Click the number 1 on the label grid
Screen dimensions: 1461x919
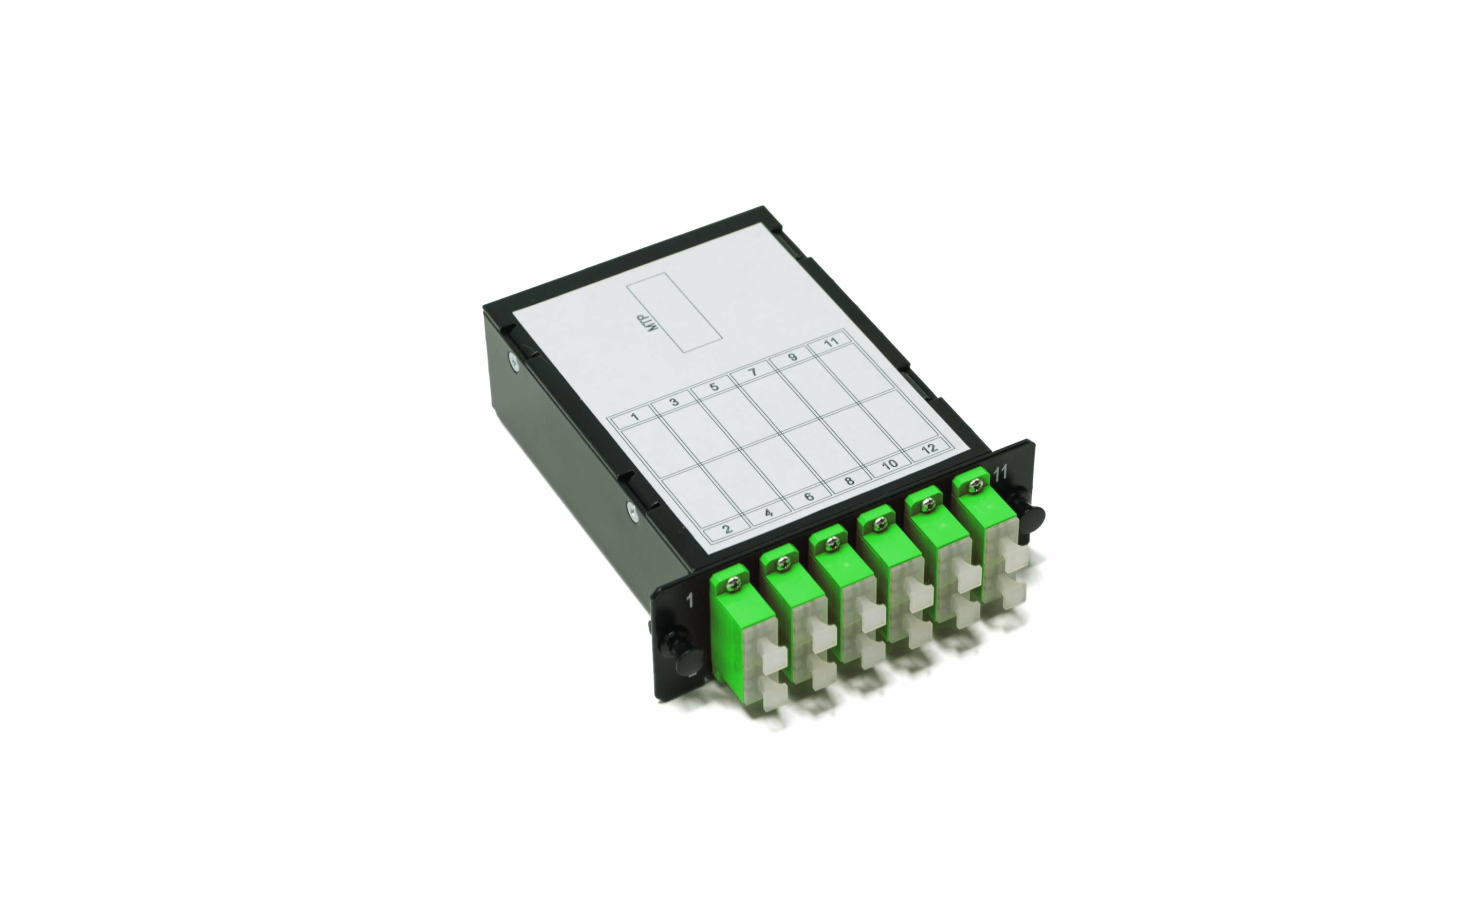[x=635, y=416]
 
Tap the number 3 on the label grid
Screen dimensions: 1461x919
[x=674, y=402]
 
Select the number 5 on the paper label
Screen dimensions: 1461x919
[x=713, y=386]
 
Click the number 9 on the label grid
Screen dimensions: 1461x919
[x=792, y=357]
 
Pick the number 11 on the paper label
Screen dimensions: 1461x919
[x=831, y=342]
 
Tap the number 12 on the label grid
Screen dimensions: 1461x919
[x=929, y=448]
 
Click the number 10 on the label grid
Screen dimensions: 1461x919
[x=889, y=464]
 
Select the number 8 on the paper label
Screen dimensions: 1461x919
[x=849, y=480]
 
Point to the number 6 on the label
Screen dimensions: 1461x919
[x=809, y=496]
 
